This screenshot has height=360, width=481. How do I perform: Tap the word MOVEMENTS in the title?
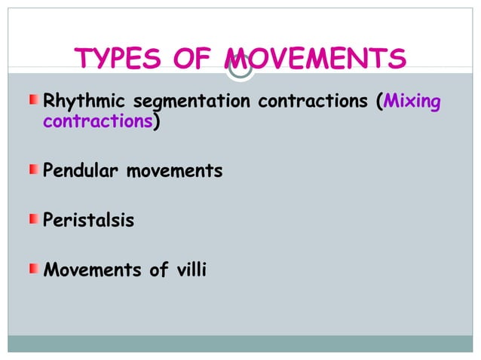[316, 59]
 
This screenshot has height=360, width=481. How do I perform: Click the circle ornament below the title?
[240, 69]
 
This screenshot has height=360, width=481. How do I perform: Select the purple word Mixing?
[412, 101]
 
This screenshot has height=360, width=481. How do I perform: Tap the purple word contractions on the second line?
[98, 123]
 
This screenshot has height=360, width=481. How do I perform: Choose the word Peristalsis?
[89, 221]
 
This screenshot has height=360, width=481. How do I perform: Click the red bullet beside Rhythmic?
[35, 100]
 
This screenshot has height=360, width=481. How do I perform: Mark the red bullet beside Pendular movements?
[35, 171]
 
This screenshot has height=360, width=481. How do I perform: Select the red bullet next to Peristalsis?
[35, 220]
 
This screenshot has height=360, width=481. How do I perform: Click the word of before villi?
[158, 270]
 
